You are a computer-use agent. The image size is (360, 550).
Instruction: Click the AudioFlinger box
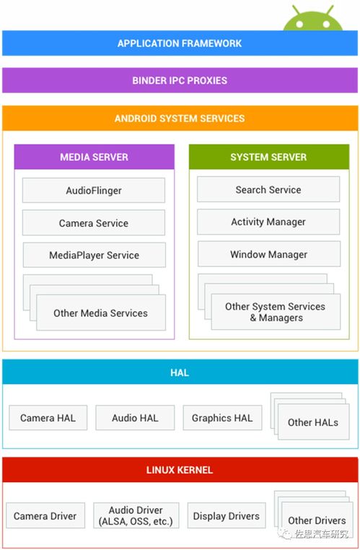(94, 190)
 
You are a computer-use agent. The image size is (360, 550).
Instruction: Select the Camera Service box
(94, 223)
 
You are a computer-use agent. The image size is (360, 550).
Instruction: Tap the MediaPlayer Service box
(95, 255)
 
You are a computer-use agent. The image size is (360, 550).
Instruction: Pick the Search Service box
(268, 189)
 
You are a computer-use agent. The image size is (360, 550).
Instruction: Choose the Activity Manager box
(268, 222)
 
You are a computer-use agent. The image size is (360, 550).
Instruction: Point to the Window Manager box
(269, 254)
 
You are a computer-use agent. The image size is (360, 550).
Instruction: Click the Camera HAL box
(48, 418)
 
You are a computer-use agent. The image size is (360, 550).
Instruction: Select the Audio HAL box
(135, 418)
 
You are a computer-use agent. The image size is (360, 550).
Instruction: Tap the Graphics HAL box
(222, 418)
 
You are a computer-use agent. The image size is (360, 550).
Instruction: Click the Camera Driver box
(45, 515)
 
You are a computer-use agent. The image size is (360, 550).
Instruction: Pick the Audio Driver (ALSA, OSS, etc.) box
(136, 515)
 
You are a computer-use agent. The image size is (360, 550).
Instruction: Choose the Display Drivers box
(227, 515)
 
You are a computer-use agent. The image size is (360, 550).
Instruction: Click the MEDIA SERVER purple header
(95, 157)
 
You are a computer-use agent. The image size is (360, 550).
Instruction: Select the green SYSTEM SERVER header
(269, 157)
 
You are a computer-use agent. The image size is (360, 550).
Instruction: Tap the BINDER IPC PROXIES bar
(180, 80)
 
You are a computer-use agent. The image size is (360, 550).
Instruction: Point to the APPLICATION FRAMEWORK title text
(180, 43)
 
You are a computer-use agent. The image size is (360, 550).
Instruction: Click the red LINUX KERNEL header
(180, 470)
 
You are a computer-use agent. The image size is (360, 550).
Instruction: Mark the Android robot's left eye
(299, 25)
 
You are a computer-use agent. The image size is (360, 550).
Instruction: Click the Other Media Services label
(100, 313)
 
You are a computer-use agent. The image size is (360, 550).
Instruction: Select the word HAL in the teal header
(180, 372)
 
